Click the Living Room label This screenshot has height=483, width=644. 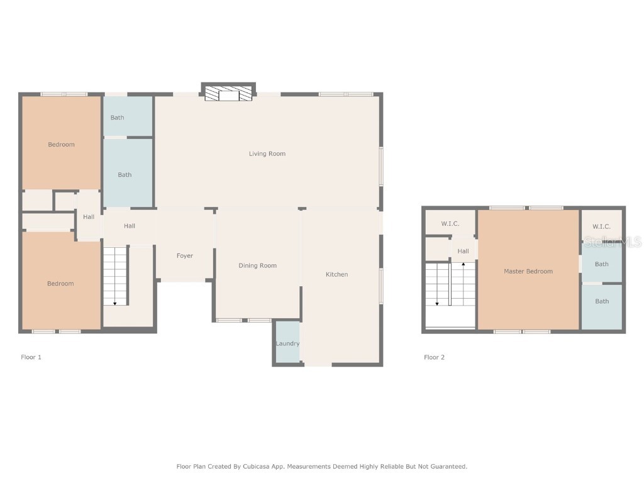click(x=267, y=153)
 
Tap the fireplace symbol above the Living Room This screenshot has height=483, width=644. click(x=228, y=94)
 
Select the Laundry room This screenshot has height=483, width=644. click(x=287, y=343)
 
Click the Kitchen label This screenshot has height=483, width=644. click(x=336, y=274)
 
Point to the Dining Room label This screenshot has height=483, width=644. click(x=257, y=265)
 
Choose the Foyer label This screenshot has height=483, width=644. click(x=184, y=256)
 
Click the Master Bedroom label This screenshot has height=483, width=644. click(x=528, y=271)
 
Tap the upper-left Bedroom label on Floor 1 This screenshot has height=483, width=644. click(x=61, y=145)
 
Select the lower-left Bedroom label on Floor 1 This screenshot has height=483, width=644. click(x=60, y=284)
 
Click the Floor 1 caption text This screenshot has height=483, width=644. click(x=31, y=357)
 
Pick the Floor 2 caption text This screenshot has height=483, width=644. click(x=434, y=357)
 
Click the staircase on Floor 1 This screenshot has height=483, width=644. click(x=115, y=277)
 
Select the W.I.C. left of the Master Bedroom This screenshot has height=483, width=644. click(x=450, y=224)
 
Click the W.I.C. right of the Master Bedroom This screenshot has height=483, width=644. click(x=601, y=226)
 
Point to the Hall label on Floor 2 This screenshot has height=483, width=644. click(x=463, y=251)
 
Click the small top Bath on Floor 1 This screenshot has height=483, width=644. click(x=118, y=118)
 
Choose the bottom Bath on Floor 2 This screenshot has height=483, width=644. click(x=602, y=301)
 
